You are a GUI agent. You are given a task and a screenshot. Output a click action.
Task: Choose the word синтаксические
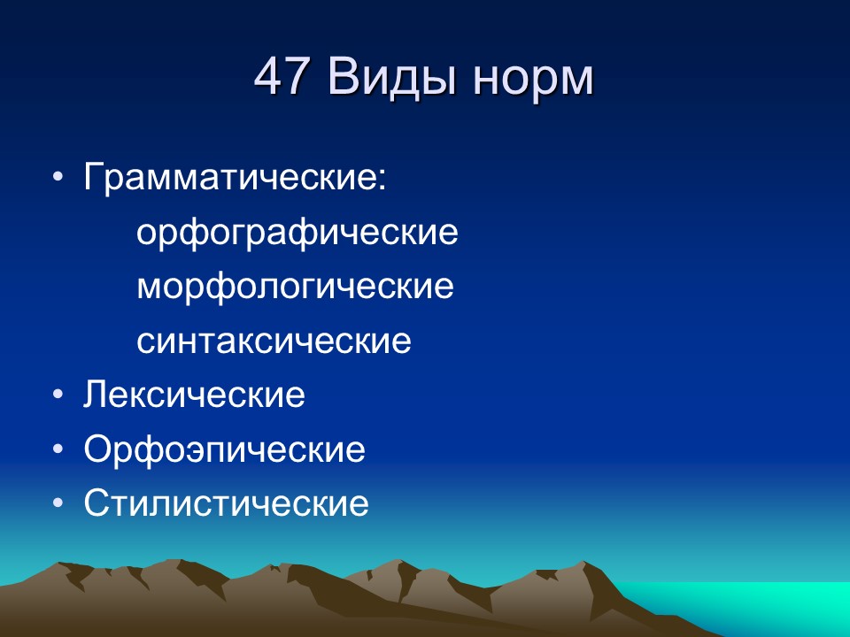[274, 342]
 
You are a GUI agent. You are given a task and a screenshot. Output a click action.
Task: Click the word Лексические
[195, 395]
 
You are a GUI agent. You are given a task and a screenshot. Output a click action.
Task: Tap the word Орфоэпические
[225, 450]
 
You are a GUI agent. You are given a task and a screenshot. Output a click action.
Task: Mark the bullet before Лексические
[58, 395]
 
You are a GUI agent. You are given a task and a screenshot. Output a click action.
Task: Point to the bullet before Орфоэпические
[58, 450]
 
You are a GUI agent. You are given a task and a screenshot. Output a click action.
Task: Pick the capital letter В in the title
[343, 79]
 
